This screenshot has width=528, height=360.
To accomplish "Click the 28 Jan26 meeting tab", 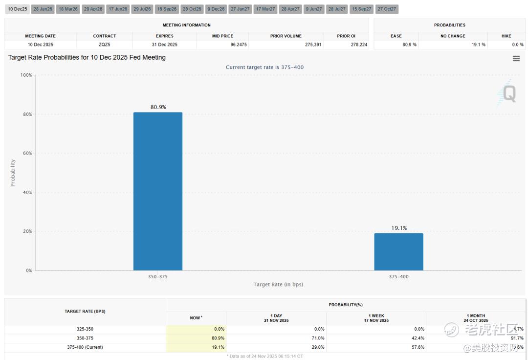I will pos(43,9).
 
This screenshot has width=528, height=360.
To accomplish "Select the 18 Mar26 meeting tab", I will pos(68,9).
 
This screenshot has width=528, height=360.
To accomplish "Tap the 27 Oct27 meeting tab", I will pos(387,9).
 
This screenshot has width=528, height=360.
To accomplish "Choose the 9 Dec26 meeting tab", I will pos(216,9).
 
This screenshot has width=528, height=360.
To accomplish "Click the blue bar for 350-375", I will pos(157,191).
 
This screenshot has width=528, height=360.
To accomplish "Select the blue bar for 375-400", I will pos(398,251).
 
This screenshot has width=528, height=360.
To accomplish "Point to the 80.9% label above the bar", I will pos(158,107).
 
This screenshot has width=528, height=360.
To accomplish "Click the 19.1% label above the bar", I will pos(399,228).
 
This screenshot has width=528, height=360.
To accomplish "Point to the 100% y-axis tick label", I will pos(25,75).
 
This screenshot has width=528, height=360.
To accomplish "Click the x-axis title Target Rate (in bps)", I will pos(278,285).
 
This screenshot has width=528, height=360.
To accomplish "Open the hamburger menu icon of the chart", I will pos(516,59).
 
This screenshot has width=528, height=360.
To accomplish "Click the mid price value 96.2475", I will pos(223,45).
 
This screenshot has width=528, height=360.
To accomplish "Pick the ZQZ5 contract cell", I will pos(104,45).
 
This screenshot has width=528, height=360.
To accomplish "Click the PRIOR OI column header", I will pos(346,36).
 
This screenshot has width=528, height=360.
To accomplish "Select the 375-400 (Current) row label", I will pos(85,347).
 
